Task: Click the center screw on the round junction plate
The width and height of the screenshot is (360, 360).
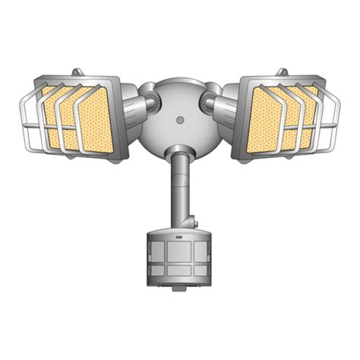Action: tap(180, 119)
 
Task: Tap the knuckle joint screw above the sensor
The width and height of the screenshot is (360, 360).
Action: tap(194, 223)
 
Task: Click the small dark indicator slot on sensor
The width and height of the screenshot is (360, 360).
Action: tap(180, 238)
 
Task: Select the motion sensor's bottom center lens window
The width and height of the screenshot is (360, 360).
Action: tap(180, 270)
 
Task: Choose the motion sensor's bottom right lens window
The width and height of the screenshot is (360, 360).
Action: tap(201, 270)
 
